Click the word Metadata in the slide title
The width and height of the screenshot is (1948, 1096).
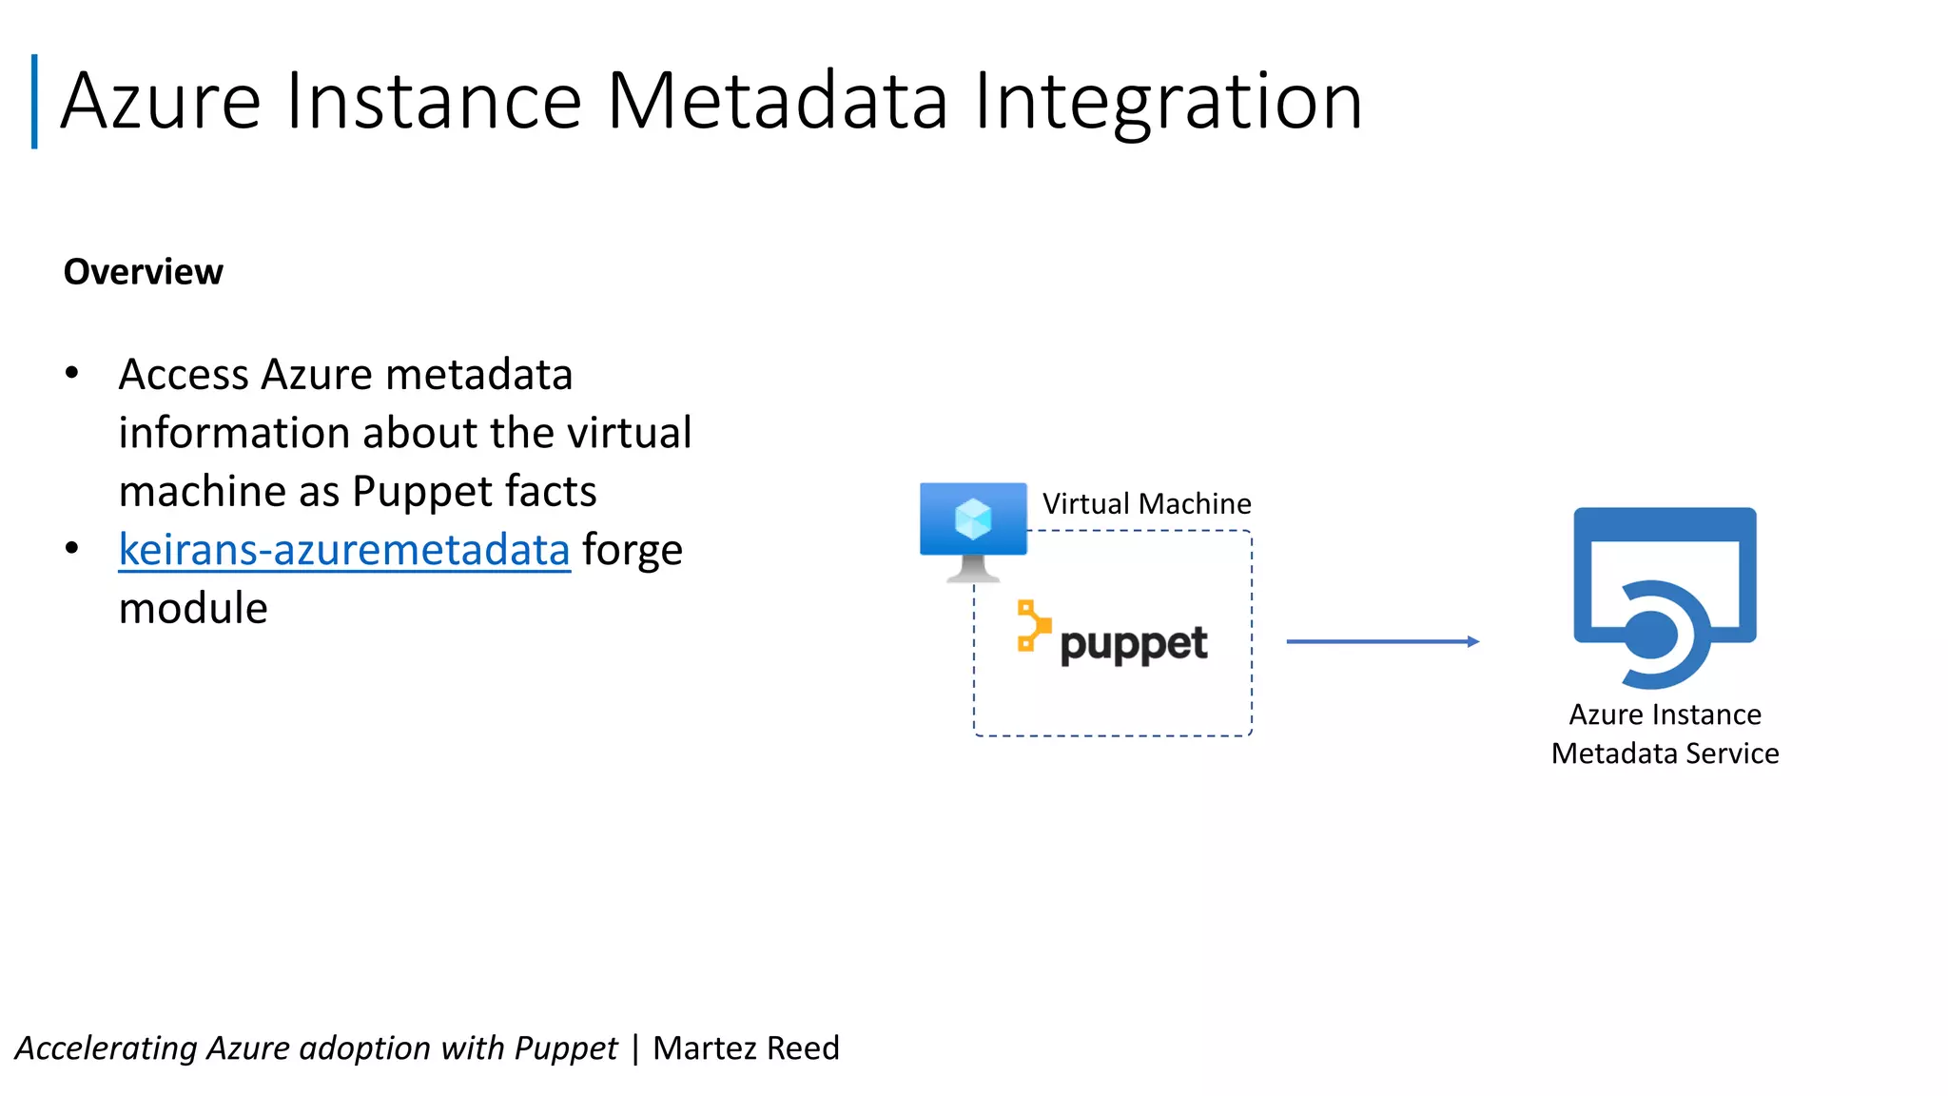(777, 101)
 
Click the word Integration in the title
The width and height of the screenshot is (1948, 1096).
(1168, 101)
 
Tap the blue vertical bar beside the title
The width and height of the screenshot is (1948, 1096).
(34, 101)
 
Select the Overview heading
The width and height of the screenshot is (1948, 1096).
(143, 272)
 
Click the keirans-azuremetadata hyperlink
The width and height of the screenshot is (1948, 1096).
(343, 550)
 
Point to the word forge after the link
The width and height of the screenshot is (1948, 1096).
(632, 550)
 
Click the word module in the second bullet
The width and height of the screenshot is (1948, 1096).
(193, 608)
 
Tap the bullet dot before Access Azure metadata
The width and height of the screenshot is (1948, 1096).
(71, 374)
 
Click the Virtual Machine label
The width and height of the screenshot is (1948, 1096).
(1146, 503)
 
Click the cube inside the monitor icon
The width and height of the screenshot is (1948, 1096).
(973, 519)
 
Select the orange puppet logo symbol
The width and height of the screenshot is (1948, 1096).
(1033, 626)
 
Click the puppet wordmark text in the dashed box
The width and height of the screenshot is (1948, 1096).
(1133, 645)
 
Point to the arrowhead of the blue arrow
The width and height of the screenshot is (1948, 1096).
(1472, 642)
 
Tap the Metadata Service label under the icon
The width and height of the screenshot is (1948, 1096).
(1665, 753)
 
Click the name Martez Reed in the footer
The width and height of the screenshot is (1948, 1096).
(746, 1047)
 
